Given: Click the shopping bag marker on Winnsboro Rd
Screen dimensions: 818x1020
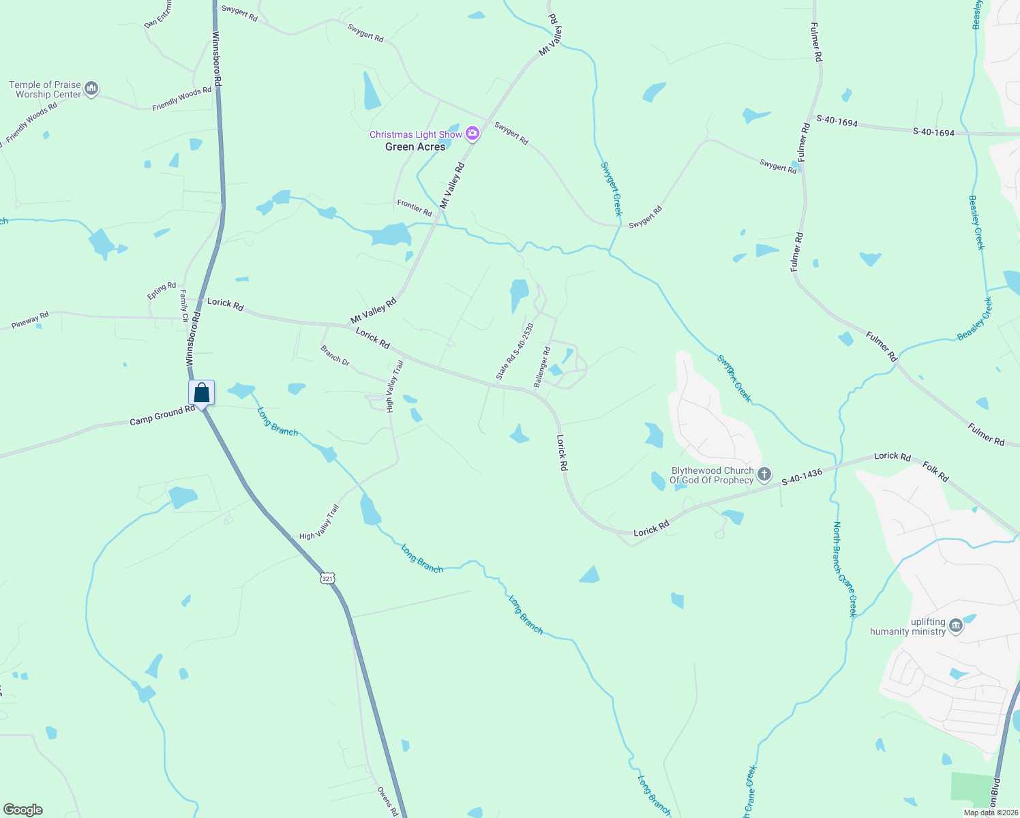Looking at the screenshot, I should click(x=202, y=393).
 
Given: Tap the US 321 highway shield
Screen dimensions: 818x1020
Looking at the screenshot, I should click(x=327, y=578).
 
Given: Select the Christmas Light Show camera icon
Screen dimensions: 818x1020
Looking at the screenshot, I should click(x=472, y=134).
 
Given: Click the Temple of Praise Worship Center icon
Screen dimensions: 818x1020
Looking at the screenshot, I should click(x=92, y=89).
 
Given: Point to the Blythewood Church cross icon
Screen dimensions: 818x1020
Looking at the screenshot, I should click(x=764, y=474).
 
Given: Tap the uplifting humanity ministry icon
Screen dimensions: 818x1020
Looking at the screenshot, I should click(x=956, y=626).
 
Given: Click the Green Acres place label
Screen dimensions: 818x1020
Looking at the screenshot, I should click(x=415, y=147).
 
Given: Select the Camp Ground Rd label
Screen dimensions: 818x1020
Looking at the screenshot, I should click(x=162, y=415).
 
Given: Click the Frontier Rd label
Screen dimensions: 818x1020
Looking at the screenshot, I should click(x=415, y=207).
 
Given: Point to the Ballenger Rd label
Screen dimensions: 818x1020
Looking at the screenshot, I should click(x=542, y=367).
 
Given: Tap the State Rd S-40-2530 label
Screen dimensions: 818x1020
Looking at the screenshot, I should click(x=515, y=351).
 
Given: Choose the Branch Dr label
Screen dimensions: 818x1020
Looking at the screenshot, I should click(x=335, y=355).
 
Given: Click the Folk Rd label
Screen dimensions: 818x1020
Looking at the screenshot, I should click(x=935, y=472).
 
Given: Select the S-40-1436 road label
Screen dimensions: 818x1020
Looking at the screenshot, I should click(x=802, y=477).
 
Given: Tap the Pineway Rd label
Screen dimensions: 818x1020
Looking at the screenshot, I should click(x=30, y=320).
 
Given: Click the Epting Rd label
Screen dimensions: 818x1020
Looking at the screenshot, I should click(x=162, y=291).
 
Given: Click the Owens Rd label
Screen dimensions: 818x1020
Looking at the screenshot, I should click(x=387, y=802).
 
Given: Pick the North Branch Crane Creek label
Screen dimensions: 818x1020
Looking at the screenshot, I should click(x=844, y=569).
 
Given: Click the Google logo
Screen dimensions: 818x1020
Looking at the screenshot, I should click(x=23, y=809).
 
